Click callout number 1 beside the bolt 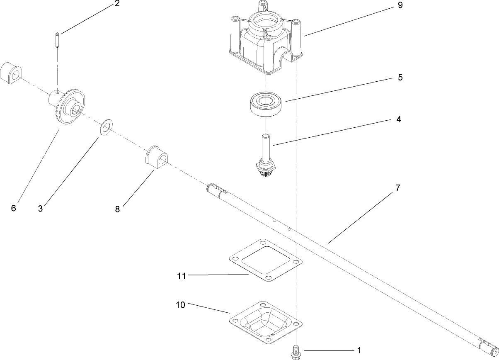pos(359,350)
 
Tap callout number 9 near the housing pos(400,5)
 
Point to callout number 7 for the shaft pos(397,188)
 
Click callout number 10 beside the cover pos(180,305)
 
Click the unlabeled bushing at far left pos(11,73)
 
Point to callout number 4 pos(398,119)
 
